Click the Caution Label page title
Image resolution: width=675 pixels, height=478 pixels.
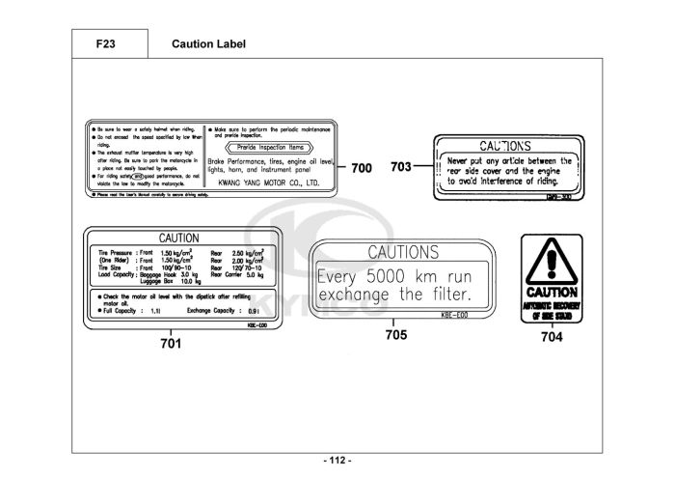point(208,44)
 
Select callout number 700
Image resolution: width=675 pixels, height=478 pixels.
point(361,168)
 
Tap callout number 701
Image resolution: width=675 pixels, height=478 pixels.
point(170,341)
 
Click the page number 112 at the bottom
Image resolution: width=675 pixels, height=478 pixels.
point(337,460)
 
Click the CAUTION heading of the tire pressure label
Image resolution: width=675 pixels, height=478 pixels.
point(178,238)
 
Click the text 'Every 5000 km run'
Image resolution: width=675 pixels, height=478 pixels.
point(395,273)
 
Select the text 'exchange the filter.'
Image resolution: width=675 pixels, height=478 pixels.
point(395,293)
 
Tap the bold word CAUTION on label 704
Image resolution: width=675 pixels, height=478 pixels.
point(552,291)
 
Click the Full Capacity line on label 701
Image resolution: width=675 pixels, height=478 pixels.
point(132,312)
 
